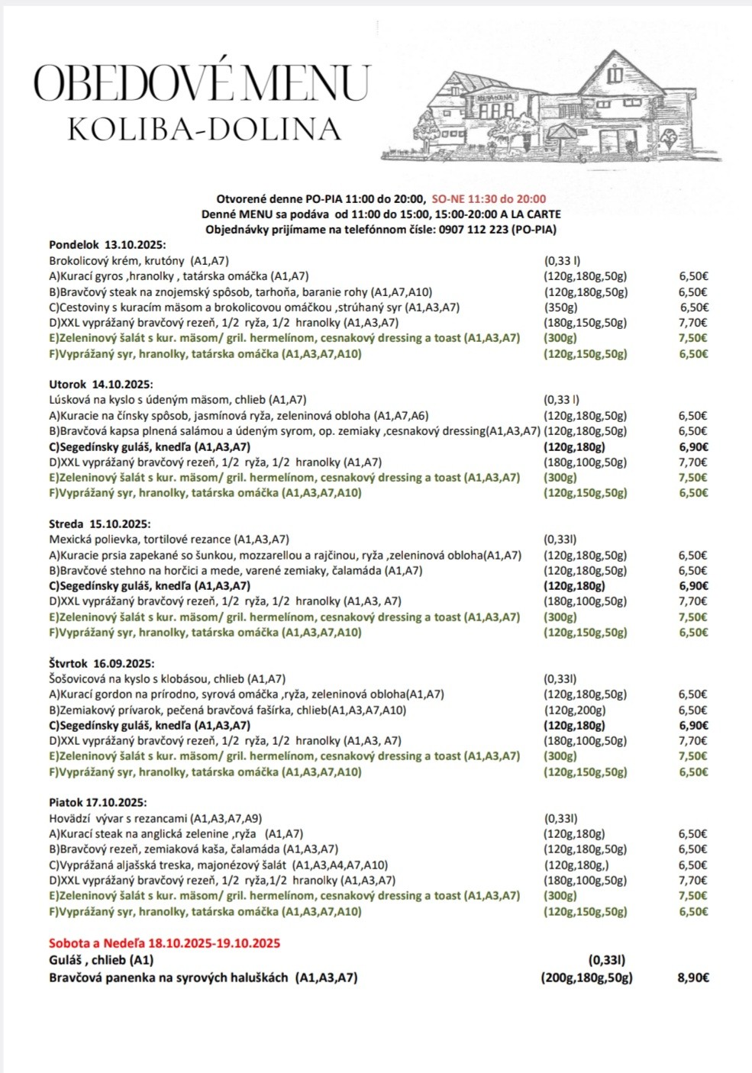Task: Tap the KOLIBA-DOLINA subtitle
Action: point(204,129)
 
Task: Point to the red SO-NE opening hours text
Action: point(489,198)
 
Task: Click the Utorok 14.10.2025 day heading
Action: point(101,385)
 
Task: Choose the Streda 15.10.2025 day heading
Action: point(99,524)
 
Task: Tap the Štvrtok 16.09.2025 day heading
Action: point(102,664)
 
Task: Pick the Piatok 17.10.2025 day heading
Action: point(98,803)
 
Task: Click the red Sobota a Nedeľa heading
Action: point(164,943)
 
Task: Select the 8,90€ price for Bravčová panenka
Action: point(692,978)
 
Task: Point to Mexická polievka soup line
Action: point(169,540)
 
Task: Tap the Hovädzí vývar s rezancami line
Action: point(155,818)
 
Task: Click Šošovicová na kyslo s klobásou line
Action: point(167,678)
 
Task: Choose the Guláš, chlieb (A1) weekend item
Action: point(102,960)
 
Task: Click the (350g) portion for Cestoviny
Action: point(560,307)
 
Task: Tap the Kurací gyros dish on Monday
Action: point(179,276)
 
